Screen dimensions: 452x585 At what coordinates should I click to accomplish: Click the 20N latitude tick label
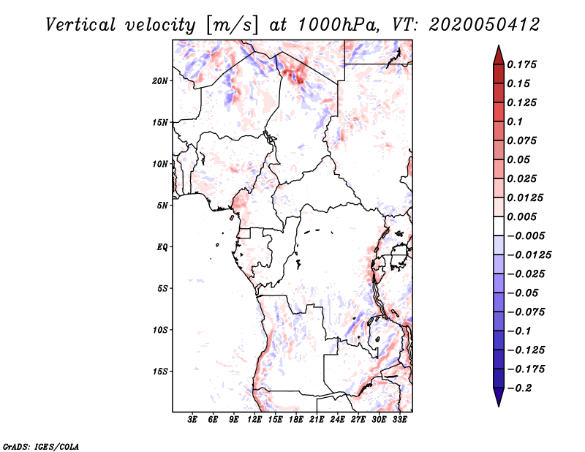coord(160,80)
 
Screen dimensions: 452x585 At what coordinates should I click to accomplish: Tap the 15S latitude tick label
coord(160,372)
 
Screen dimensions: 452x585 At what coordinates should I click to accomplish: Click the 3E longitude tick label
coord(193,420)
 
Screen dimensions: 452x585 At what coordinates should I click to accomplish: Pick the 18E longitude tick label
coord(296,420)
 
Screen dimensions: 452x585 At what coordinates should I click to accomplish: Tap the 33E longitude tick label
coord(400,420)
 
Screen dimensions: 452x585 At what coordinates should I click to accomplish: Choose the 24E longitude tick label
coord(338,420)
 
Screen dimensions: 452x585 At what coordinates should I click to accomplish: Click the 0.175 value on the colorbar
coord(524,64)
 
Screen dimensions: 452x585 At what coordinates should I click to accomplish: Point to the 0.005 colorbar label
coord(524,217)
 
